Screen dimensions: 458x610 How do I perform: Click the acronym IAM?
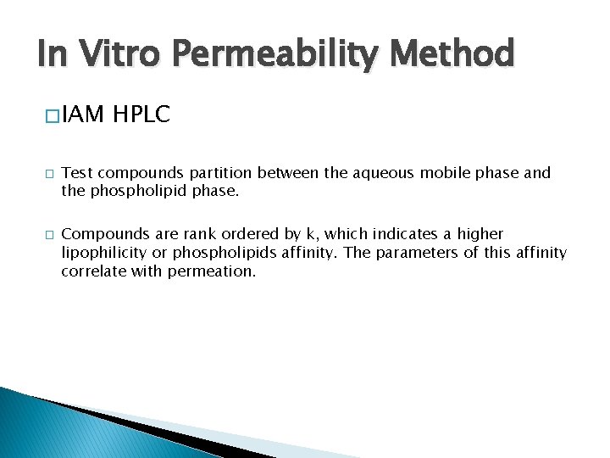(82, 113)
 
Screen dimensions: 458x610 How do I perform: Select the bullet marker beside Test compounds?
(50, 174)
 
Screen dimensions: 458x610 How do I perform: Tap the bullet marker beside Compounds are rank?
(50, 235)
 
